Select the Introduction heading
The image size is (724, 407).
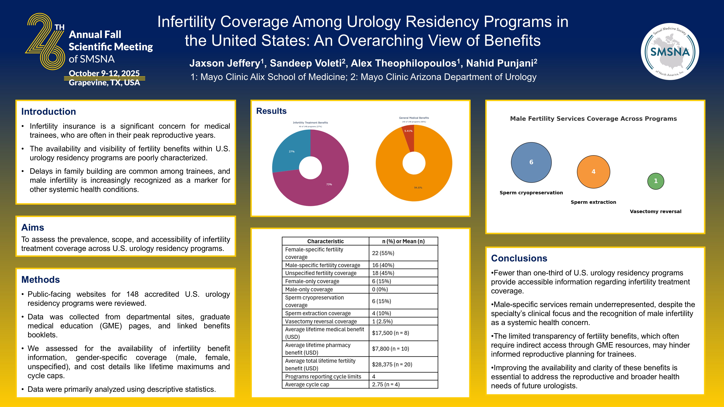[49, 112]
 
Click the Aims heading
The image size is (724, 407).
[33, 227]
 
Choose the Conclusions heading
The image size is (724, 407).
[519, 258]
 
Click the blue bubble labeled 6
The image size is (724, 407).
[531, 162]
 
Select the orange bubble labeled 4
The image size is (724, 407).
[593, 172]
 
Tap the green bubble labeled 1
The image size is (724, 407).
[655, 181]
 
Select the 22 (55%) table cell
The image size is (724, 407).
[383, 253]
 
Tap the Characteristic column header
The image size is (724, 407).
[325, 241]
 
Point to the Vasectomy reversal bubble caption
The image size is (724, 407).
[655, 212]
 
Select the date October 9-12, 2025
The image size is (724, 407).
[104, 73]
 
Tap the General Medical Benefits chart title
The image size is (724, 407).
[414, 118]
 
